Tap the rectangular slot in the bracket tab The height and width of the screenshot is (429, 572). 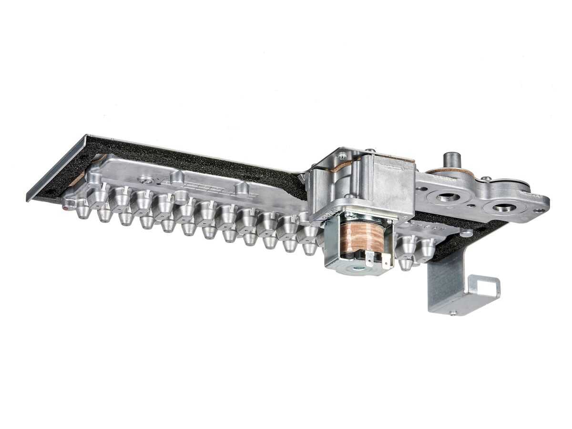(485, 288)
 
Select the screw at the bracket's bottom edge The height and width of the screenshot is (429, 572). (453, 313)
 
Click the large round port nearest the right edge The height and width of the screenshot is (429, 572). (504, 207)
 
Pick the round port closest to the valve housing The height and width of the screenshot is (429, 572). (448, 196)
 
